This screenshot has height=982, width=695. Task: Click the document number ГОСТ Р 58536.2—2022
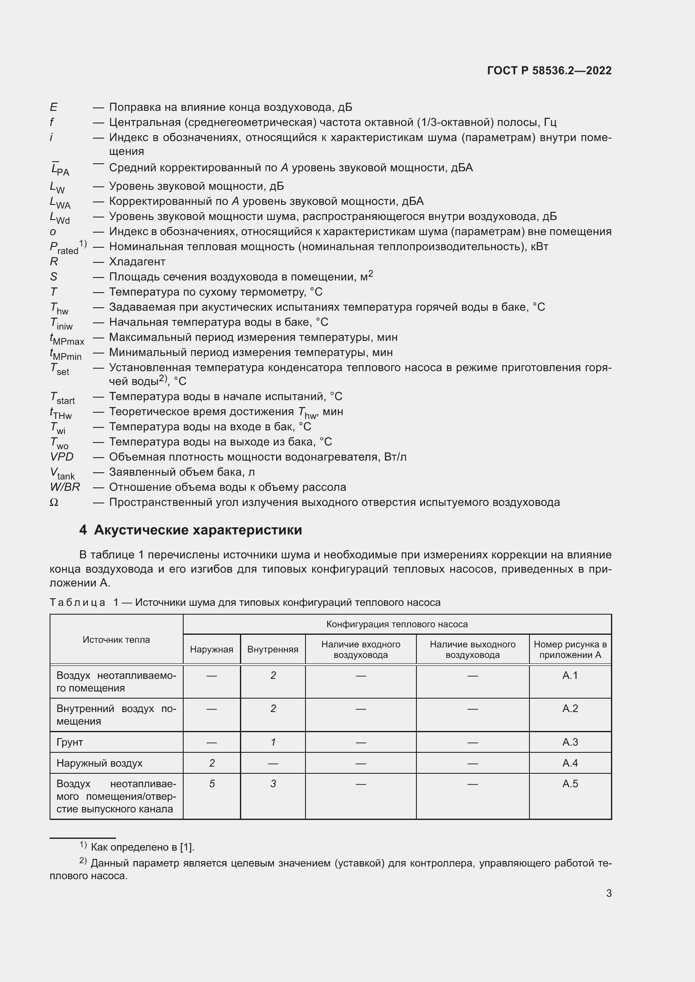[x=549, y=71]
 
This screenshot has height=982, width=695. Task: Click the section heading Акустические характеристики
[x=198, y=530]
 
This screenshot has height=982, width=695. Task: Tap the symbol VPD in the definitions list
[x=62, y=457]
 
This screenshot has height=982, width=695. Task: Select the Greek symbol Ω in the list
[x=54, y=503]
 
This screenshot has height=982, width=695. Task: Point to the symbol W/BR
[x=65, y=487]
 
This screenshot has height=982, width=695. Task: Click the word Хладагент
[x=137, y=262]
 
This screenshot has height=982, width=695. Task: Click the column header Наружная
[x=211, y=649]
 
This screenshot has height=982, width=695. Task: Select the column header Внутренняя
[x=273, y=649]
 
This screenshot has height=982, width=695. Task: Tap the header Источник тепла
[x=116, y=639]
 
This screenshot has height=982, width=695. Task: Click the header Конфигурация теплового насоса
[x=397, y=624]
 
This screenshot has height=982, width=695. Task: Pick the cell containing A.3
[x=570, y=742]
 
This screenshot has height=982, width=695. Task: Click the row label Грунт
[x=69, y=742]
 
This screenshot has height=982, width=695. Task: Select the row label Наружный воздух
[x=99, y=763]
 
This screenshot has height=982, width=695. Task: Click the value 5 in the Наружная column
[x=212, y=783]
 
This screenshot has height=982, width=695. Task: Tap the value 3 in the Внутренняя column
[x=273, y=783]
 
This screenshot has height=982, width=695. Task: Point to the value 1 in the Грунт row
[x=273, y=742]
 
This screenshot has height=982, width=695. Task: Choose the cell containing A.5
[x=570, y=783]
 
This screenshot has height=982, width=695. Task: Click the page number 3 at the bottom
[x=608, y=893]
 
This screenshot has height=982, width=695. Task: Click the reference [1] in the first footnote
[x=187, y=847]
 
